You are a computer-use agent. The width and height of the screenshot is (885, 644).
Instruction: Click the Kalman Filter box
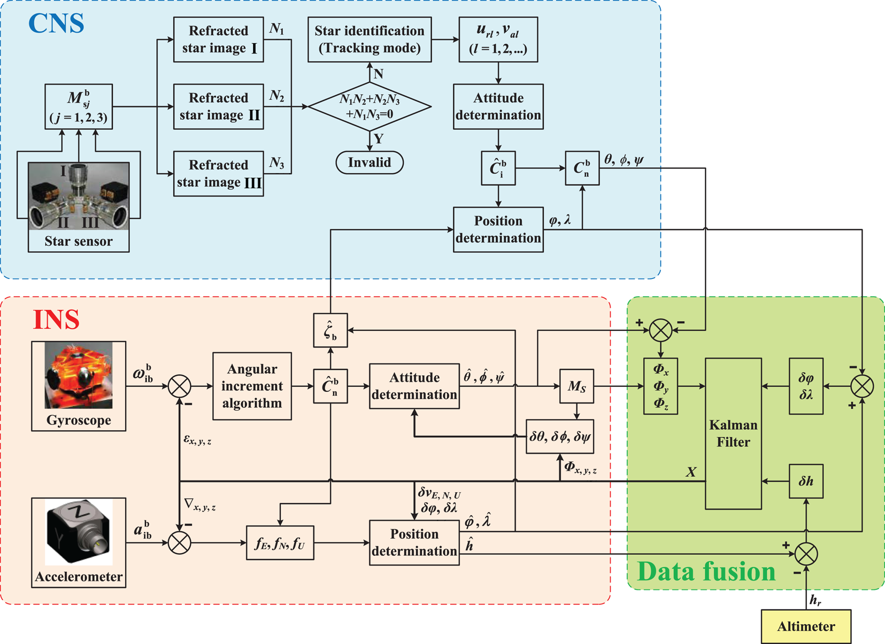(x=733, y=433)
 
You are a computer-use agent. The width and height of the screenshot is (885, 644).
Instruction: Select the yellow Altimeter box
(x=806, y=626)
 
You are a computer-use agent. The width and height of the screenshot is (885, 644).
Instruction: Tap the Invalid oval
(x=370, y=162)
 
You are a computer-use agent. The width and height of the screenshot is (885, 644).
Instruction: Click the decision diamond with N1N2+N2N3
(x=370, y=107)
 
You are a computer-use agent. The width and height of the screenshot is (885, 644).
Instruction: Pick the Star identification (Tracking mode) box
(x=370, y=40)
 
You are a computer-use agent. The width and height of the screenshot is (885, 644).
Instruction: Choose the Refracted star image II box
(x=219, y=107)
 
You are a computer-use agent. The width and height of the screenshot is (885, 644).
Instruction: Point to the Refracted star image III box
(x=219, y=174)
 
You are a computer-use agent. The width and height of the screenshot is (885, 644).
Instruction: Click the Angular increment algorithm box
(x=252, y=386)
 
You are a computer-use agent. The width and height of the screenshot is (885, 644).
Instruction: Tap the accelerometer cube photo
(x=79, y=532)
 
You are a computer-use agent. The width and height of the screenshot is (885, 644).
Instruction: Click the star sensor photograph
(x=79, y=197)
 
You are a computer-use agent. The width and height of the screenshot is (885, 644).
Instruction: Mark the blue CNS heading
(x=56, y=24)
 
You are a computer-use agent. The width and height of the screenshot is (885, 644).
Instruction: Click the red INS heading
(x=56, y=320)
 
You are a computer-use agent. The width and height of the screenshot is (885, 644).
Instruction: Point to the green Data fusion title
(x=706, y=571)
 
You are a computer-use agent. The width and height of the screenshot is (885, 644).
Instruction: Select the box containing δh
(x=806, y=482)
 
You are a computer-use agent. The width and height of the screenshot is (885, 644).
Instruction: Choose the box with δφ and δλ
(x=806, y=386)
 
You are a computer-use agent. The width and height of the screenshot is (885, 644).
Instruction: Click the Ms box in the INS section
(x=576, y=386)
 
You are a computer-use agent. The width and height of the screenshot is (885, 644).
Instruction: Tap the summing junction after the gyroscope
(x=180, y=386)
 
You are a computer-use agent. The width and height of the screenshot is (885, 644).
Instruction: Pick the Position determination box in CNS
(x=498, y=230)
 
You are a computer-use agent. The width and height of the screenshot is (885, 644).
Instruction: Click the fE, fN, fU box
(x=280, y=543)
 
